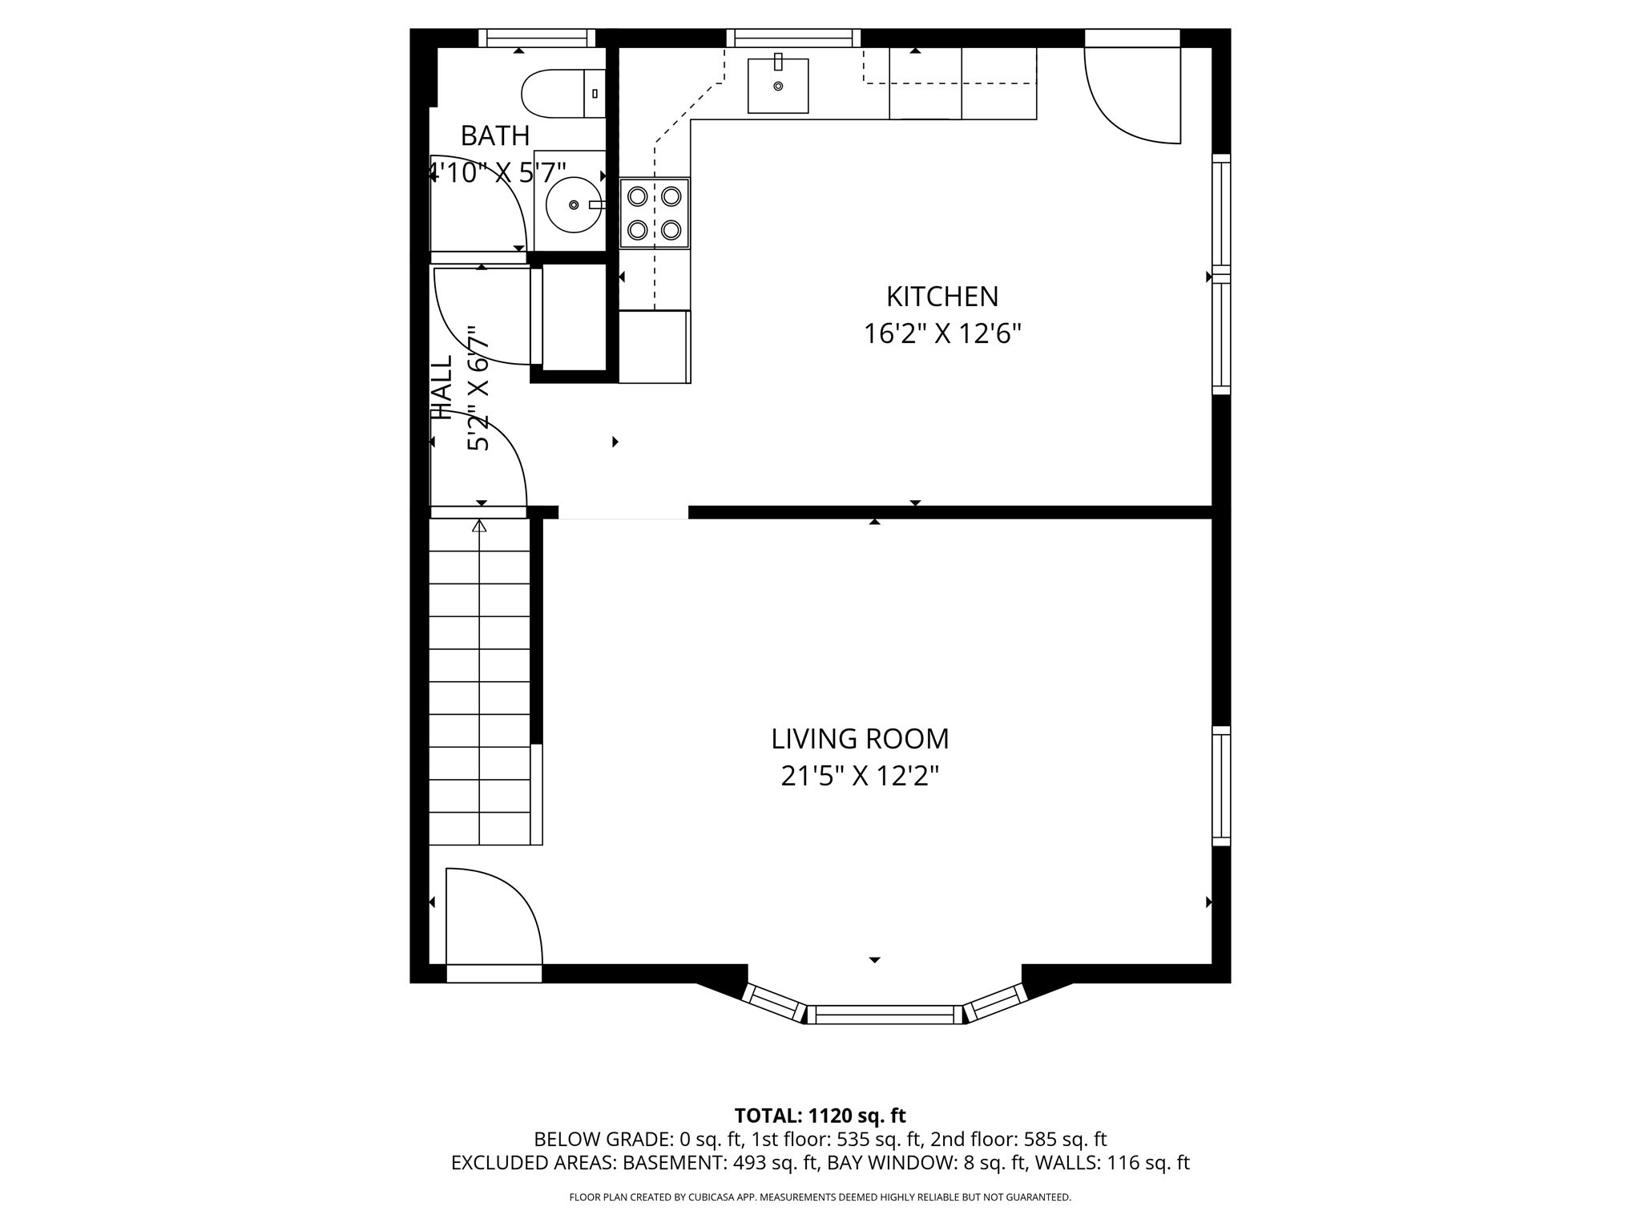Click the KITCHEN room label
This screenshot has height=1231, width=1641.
pos(941,297)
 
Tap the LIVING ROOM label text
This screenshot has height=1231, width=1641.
pos(860,739)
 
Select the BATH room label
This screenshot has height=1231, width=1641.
pos(495,136)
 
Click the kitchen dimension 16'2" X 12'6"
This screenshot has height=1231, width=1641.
pos(941,334)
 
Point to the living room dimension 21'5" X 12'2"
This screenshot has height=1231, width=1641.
pos(860,776)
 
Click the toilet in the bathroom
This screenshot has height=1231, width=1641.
pos(561,94)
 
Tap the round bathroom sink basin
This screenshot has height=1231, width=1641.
pos(574,205)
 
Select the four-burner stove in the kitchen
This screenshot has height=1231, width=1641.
pos(655,213)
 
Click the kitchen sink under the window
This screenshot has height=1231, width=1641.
pos(777,86)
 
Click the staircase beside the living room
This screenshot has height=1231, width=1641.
pos(479,681)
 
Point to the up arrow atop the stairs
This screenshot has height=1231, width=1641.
pos(479,527)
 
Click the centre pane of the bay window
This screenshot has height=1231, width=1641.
pos(885,1015)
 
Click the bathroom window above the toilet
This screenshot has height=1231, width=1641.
pos(537,38)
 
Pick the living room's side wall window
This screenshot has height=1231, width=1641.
pos(1220,785)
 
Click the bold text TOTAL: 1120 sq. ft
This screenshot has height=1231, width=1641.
pos(820,1116)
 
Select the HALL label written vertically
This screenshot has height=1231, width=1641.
pos(442,388)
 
